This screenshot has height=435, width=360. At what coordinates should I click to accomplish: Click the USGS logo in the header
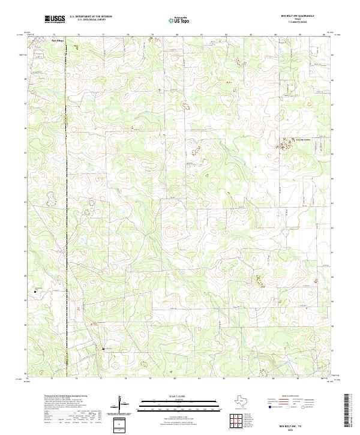pyautogui.click(x=55, y=19)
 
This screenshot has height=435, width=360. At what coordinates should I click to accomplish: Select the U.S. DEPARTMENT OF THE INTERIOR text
pyautogui.click(x=91, y=17)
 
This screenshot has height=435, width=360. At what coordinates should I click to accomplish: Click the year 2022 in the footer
pyautogui.click(x=298, y=429)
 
